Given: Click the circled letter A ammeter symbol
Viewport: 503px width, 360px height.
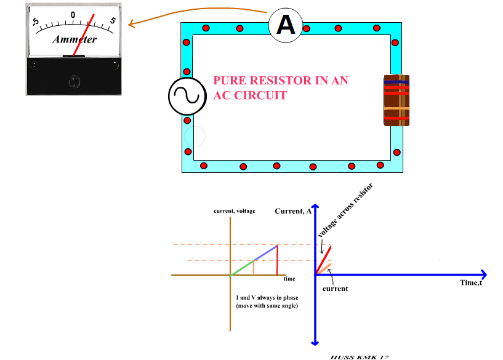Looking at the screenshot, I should (x=285, y=25).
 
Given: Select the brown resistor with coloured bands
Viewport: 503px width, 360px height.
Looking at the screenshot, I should (x=396, y=100).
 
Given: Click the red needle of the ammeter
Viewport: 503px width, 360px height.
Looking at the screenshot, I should (x=84, y=34).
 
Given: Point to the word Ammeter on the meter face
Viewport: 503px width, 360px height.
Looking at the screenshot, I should (x=74, y=39).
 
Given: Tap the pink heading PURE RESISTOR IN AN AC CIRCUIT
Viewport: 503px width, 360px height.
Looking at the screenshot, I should (x=280, y=88).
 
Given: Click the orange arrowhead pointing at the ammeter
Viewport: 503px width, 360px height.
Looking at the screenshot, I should (x=132, y=24).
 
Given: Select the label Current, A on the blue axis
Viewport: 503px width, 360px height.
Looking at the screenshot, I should (x=293, y=211).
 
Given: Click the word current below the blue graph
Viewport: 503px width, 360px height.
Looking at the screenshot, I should (x=336, y=289).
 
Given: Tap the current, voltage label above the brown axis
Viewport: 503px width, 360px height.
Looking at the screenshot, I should (x=234, y=211).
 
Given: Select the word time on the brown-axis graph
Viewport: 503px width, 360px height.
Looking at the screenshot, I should (x=289, y=279).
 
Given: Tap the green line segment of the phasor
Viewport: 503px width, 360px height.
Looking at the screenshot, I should (x=242, y=268).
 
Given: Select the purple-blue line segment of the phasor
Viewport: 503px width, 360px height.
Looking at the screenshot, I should (x=265, y=253).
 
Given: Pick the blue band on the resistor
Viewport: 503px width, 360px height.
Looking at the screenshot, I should (x=396, y=80).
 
